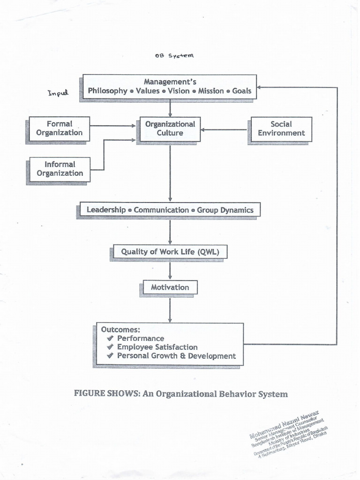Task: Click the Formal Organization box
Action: (x=59, y=128)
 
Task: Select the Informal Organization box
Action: (x=60, y=169)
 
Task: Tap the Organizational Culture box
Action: (x=170, y=129)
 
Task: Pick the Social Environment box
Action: (x=281, y=129)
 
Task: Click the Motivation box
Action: (x=170, y=287)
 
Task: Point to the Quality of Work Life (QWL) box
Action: (x=170, y=252)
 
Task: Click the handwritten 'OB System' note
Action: (x=173, y=55)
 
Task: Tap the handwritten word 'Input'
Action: (x=58, y=93)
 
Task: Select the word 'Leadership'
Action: (x=106, y=210)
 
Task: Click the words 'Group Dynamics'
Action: (x=225, y=210)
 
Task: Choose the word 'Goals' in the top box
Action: (x=242, y=91)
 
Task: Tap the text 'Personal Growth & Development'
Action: (x=176, y=356)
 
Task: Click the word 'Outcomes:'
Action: (x=120, y=330)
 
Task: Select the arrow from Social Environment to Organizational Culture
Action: (x=224, y=129)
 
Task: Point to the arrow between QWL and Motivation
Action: (x=170, y=270)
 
